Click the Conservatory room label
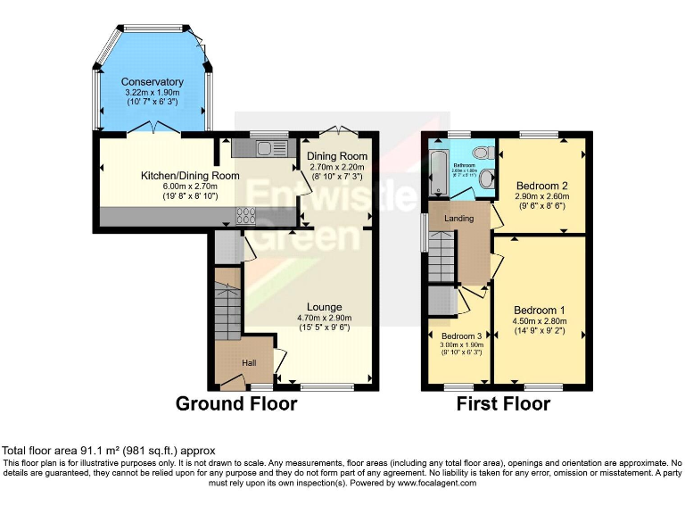pos(153,82)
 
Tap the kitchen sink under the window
pos(265,149)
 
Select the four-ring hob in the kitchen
pos(245,214)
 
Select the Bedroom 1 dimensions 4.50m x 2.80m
pos(543,322)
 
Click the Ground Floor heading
pos(236,403)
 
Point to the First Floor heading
pos(503,403)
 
